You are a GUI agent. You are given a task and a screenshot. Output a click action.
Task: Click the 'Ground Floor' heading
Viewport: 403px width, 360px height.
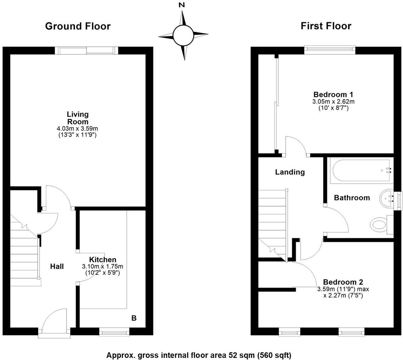(x=78, y=26)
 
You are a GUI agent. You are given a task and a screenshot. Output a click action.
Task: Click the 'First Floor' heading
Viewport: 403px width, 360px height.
(x=326, y=26)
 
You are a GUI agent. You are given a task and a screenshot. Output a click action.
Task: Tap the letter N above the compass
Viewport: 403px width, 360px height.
(x=182, y=5)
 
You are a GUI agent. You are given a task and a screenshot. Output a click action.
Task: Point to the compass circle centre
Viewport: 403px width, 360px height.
(x=183, y=35)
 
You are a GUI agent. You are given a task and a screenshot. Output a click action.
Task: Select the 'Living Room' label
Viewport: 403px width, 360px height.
(x=78, y=118)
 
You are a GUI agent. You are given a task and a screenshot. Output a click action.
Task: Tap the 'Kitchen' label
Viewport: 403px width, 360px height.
(x=102, y=260)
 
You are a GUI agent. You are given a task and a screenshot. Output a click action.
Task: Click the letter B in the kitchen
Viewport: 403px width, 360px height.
(x=134, y=318)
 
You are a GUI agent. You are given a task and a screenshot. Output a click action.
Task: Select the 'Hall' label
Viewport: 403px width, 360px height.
(x=57, y=266)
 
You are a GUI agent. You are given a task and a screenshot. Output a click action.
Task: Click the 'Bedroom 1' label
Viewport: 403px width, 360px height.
(x=333, y=95)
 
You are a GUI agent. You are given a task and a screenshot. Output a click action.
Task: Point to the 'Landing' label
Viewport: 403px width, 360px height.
(x=290, y=172)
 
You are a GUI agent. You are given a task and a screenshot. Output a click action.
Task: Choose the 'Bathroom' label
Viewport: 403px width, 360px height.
(x=352, y=198)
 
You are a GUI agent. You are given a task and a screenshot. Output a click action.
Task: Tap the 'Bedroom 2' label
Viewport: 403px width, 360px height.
(x=343, y=282)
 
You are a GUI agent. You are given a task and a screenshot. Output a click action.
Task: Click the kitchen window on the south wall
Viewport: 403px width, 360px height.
(x=114, y=333)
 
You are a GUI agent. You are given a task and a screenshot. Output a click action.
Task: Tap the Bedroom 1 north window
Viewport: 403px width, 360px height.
(x=330, y=50)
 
